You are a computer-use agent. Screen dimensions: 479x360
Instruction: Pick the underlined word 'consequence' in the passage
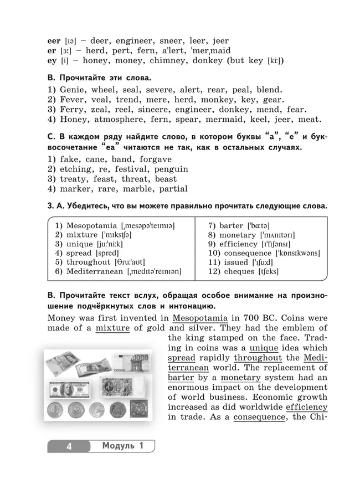point(259,416)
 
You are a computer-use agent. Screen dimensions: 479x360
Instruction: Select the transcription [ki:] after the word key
point(273,61)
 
